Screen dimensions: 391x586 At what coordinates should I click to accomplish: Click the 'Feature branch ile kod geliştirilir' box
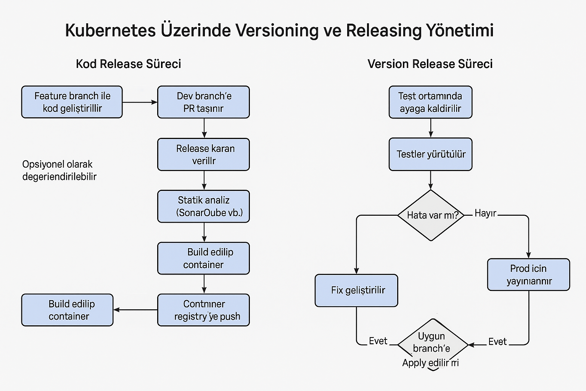(72, 102)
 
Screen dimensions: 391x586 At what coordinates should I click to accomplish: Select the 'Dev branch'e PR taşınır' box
(203, 102)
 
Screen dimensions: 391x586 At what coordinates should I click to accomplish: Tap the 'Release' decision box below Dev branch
(203, 154)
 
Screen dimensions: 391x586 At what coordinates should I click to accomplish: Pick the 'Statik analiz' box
(203, 206)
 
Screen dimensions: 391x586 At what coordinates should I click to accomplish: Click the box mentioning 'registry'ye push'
(203, 310)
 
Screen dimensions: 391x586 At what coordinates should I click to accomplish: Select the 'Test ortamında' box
(430, 102)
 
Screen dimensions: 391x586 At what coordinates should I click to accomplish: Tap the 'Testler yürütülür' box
(430, 154)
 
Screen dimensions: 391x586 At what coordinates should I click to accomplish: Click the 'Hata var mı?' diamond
(431, 215)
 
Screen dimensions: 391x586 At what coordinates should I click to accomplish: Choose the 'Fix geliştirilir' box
(356, 290)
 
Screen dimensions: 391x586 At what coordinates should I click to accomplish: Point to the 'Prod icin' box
(528, 275)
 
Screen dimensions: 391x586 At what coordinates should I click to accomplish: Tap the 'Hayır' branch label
(485, 213)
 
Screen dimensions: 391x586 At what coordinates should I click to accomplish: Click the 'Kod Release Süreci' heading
(128, 64)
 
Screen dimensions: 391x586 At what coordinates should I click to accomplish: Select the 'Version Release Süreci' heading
(430, 64)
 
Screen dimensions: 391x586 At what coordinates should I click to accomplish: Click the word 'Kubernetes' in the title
(110, 31)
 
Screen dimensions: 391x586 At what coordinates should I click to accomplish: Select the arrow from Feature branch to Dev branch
(140, 102)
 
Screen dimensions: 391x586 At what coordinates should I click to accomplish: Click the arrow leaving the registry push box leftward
(135, 310)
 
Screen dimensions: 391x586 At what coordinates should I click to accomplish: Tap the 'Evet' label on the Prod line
(497, 342)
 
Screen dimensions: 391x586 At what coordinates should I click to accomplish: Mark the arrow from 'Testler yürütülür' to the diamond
(431, 180)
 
